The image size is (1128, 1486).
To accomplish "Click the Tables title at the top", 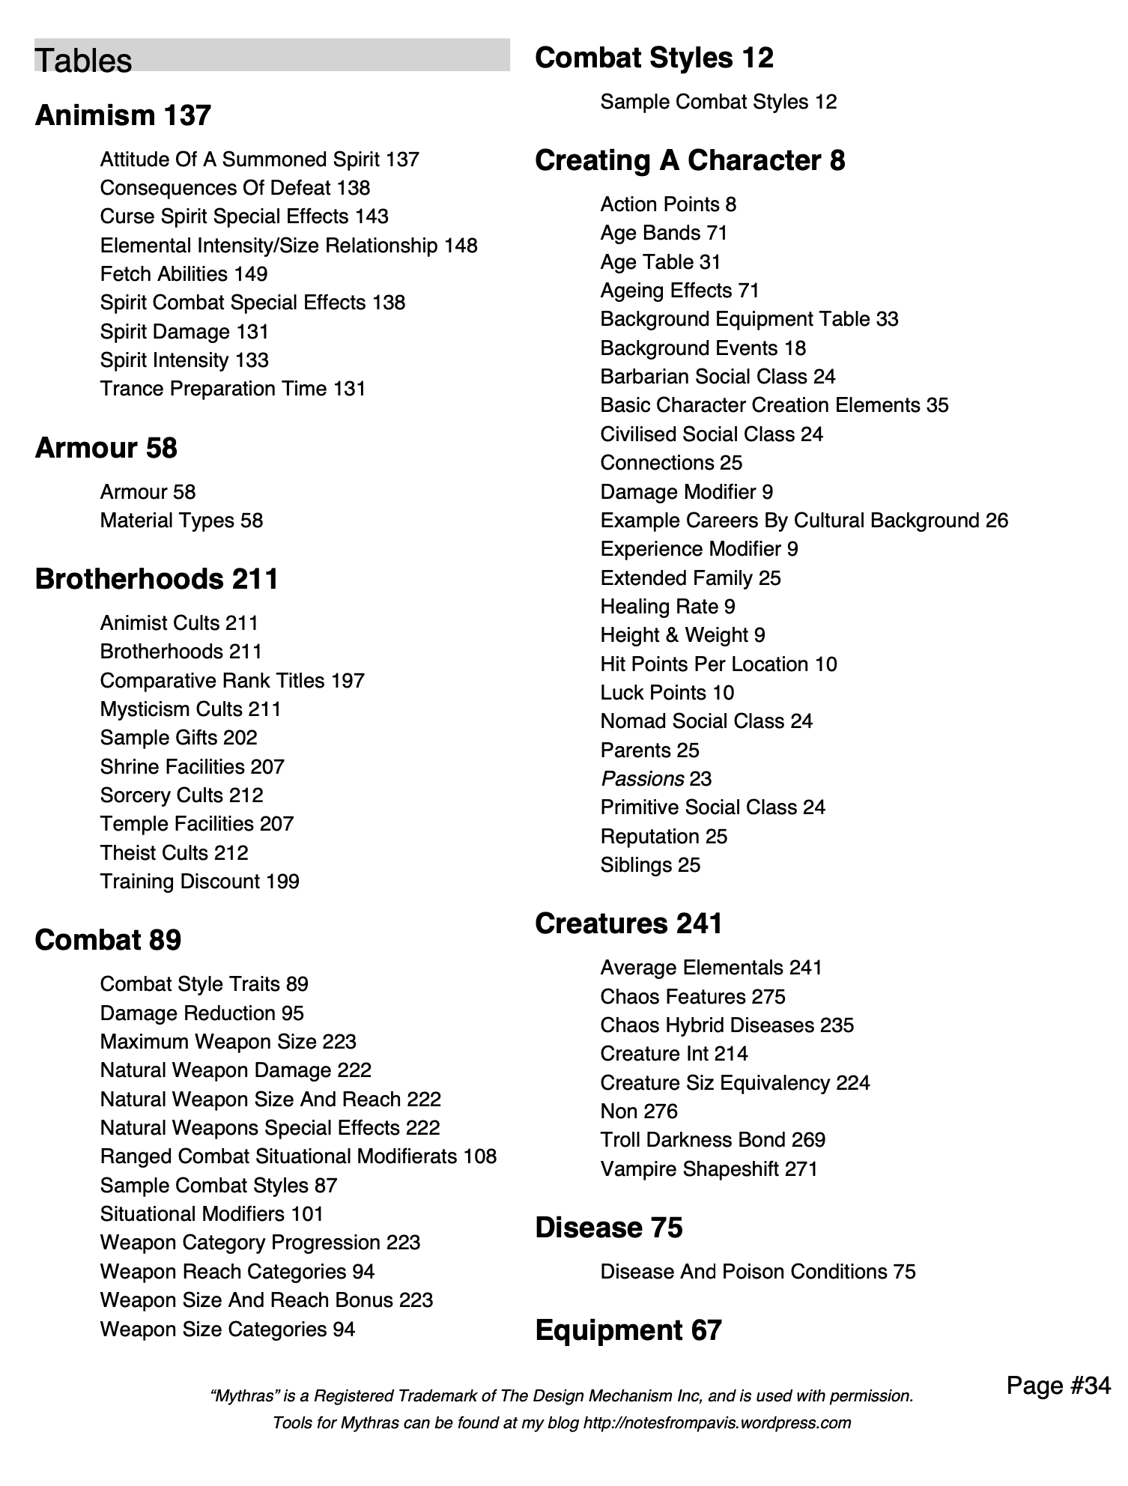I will (83, 60).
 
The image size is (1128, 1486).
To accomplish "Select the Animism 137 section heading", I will (123, 115).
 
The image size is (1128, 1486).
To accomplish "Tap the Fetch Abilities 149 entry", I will (184, 274).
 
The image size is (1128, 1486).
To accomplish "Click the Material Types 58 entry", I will (181, 521).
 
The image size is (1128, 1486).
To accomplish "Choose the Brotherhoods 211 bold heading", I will (157, 579).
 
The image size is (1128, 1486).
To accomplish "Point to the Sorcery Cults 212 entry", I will (181, 795).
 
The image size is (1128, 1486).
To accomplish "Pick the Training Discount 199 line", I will (199, 882).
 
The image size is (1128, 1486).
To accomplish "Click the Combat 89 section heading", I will (108, 940).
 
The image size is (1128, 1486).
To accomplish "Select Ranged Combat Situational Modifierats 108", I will (298, 1156).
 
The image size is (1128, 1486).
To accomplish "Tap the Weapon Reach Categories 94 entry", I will (237, 1272).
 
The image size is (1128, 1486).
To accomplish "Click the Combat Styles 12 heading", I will (654, 58).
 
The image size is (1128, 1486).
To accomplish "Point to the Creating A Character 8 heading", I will (690, 160).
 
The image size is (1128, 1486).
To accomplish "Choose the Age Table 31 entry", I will (660, 262).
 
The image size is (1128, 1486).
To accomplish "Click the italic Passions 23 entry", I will (655, 779).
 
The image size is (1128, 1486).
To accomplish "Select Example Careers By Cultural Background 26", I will (804, 521).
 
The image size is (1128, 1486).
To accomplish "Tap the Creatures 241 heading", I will (628, 924).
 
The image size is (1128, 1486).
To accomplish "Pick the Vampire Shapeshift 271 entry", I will (709, 1169).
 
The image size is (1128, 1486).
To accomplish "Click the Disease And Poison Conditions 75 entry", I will (757, 1272).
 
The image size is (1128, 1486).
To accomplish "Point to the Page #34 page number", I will (1058, 1385).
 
